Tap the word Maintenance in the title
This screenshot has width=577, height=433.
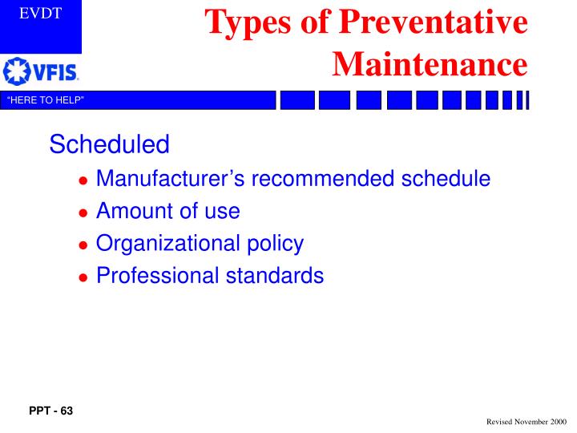(430, 62)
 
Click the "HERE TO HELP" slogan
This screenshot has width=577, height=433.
(46, 100)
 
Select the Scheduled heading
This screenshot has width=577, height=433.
(109, 144)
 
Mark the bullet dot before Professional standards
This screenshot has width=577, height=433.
(83, 277)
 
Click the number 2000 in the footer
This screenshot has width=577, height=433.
(558, 421)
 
